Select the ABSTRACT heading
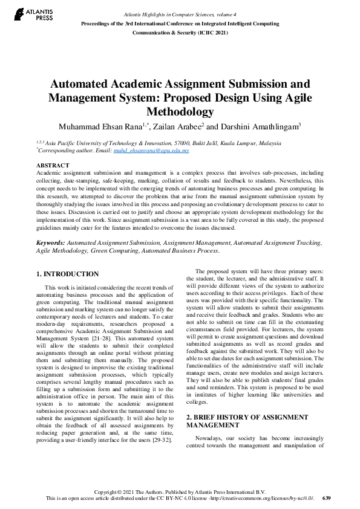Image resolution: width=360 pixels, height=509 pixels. tap(53, 165)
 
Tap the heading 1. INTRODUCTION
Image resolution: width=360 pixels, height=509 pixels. tap(67, 274)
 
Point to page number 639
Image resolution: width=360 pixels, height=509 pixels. tap(327, 498)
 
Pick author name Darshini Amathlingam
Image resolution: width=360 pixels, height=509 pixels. tap(259, 126)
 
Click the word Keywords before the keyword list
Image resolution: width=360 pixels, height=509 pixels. tap(50, 242)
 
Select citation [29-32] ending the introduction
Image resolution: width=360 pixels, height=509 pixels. tap(160, 439)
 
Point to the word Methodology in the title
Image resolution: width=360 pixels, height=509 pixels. tap(180, 111)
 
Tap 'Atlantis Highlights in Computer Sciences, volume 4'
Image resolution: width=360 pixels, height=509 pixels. tap(180, 13)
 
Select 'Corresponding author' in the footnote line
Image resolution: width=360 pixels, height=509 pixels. tap(63, 151)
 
